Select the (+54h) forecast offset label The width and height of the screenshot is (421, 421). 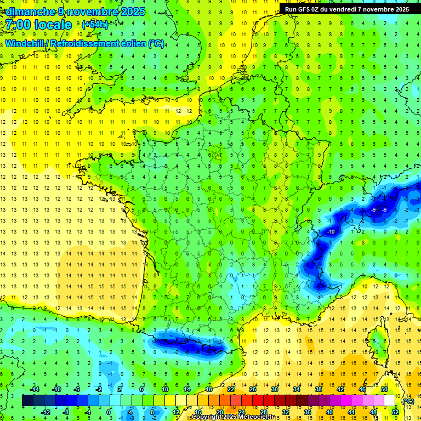(x=95, y=25)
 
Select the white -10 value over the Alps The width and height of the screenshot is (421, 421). (x=331, y=232)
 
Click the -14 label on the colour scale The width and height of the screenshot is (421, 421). (x=34, y=389)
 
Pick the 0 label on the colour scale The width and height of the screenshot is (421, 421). (x=109, y=412)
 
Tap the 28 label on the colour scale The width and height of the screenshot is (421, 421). (x=263, y=412)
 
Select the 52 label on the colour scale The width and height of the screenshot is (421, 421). (x=395, y=412)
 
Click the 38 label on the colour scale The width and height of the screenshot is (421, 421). (x=318, y=389)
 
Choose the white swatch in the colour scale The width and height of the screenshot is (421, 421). (x=390, y=401)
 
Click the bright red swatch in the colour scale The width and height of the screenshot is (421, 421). (x=258, y=401)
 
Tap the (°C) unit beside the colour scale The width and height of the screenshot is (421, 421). (x=408, y=401)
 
